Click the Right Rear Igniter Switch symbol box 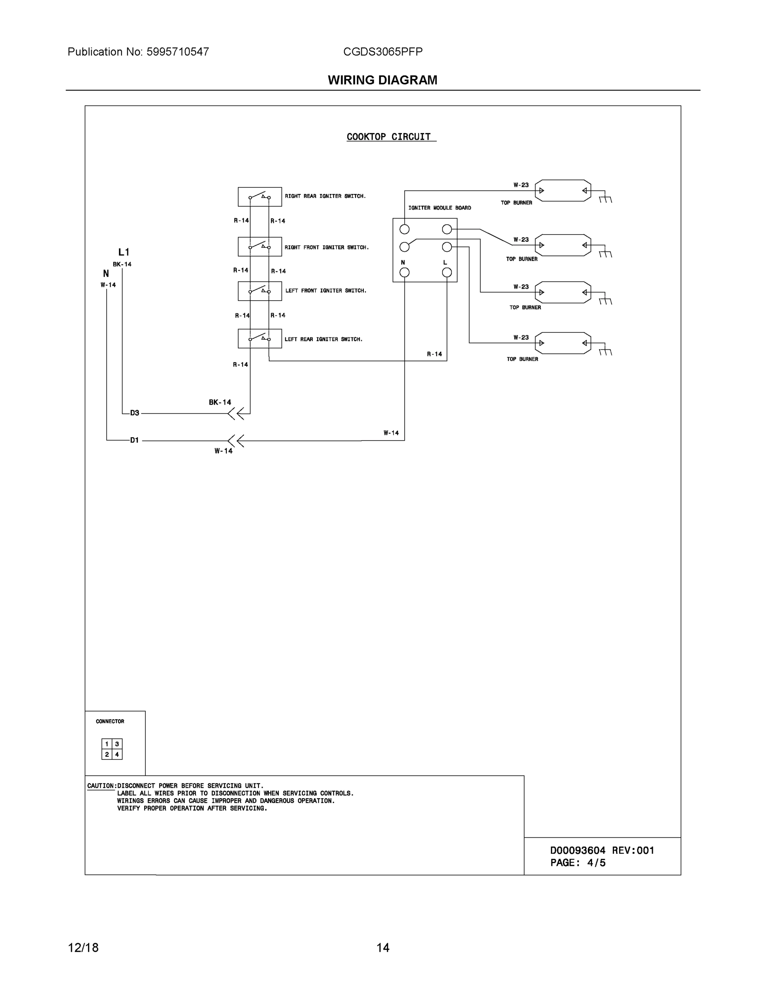click(260, 197)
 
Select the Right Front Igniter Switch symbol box click(260, 247)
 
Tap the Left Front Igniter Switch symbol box click(260, 291)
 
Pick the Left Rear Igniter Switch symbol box click(260, 339)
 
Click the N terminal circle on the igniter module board click(404, 272)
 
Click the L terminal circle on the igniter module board click(446, 272)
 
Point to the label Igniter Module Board click(439, 208)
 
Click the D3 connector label click(135, 413)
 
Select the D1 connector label click(135, 440)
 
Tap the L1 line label click(124, 252)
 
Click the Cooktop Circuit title click(389, 137)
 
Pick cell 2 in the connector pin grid click(107, 754)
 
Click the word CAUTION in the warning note click(101, 786)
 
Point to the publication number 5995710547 click(178, 52)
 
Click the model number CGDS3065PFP click(382, 52)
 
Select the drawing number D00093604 click(578, 851)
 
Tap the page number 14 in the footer click(382, 948)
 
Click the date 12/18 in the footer click(83, 948)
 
